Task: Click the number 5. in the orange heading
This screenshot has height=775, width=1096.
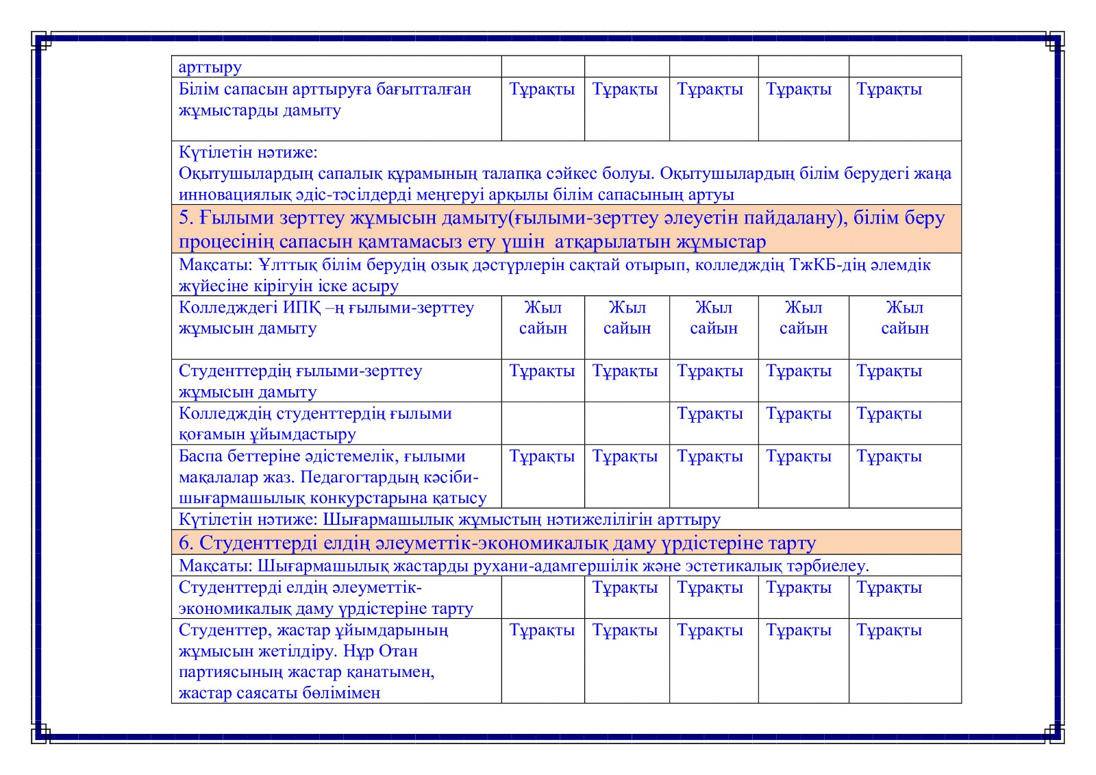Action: [x=187, y=218]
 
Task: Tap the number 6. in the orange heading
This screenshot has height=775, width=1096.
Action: [x=186, y=543]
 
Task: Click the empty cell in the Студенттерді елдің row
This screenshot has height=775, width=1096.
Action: [x=543, y=597]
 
